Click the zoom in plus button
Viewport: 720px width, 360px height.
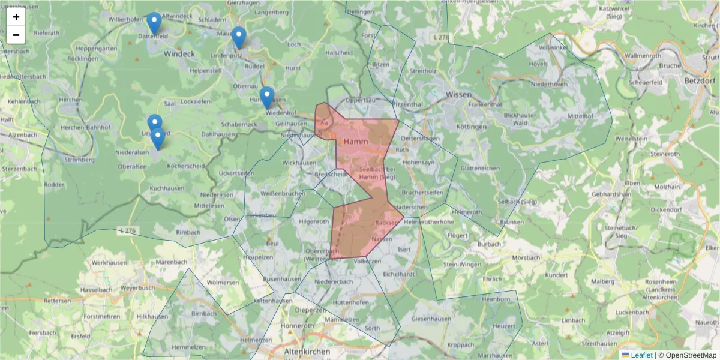[16, 17]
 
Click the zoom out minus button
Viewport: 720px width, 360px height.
[16, 35]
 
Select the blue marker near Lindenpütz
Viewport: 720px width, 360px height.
[239, 38]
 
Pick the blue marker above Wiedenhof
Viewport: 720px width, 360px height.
[267, 98]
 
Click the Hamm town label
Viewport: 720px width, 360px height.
[356, 141]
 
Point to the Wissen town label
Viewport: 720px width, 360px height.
[459, 95]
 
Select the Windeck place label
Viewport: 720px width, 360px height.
[179, 54]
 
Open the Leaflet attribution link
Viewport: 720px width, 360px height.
[641, 355]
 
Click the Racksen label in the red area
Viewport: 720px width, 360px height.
[386, 223]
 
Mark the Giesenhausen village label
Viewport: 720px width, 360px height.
[431, 319]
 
